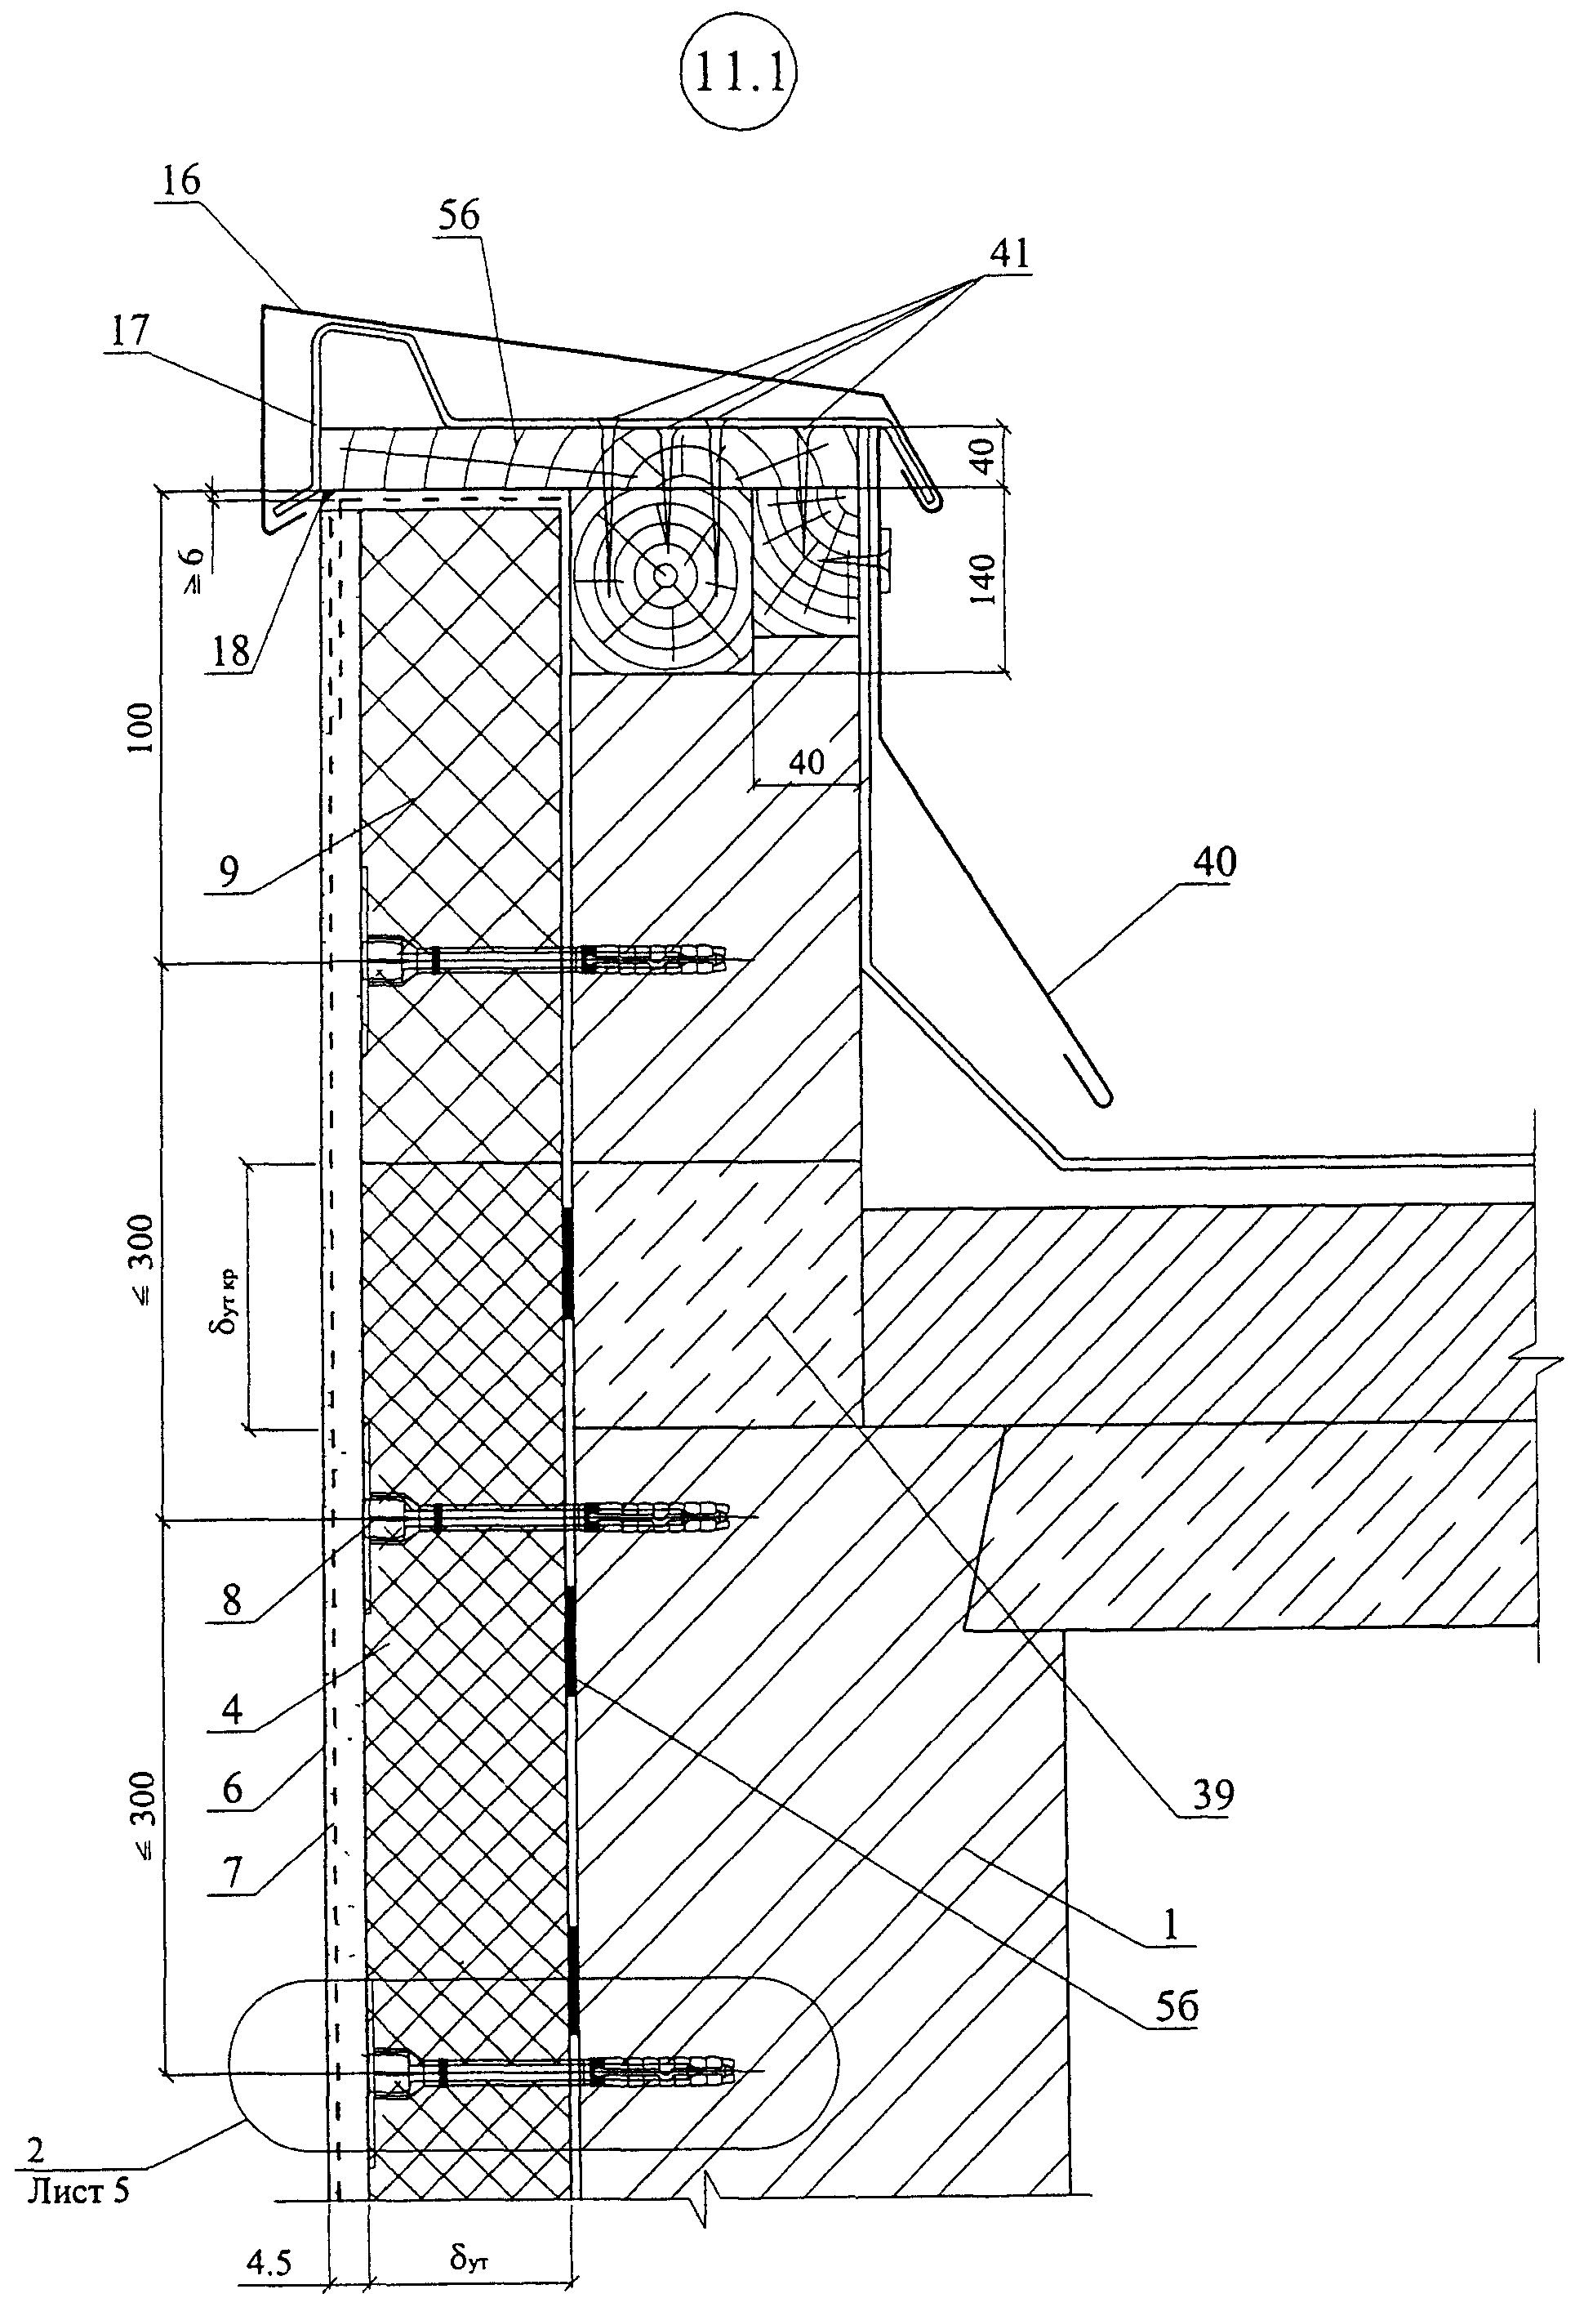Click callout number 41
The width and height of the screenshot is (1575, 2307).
1008,253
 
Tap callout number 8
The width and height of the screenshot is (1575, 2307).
231,1602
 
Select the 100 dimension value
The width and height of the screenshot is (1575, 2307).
142,728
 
